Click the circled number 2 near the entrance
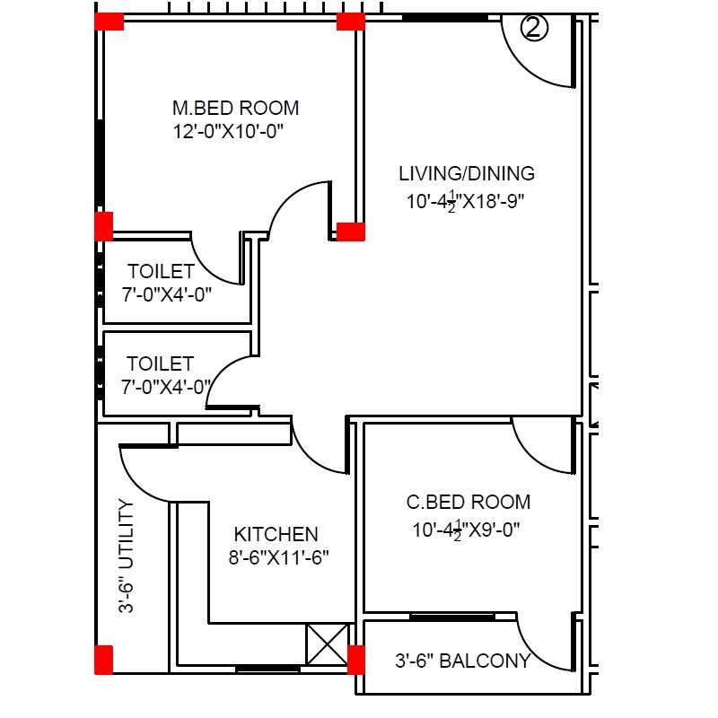534,29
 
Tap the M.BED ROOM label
235,108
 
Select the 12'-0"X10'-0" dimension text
235,131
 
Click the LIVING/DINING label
467,173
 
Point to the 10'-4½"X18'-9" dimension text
465,201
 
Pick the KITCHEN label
276,534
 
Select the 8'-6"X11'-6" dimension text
279,557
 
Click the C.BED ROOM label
468,503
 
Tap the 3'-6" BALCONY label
462,662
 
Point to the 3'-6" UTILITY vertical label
127,556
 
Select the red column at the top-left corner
109,22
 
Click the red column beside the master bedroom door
350,232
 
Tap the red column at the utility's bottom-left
104,658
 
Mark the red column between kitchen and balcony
356,659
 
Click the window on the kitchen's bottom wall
267,669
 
